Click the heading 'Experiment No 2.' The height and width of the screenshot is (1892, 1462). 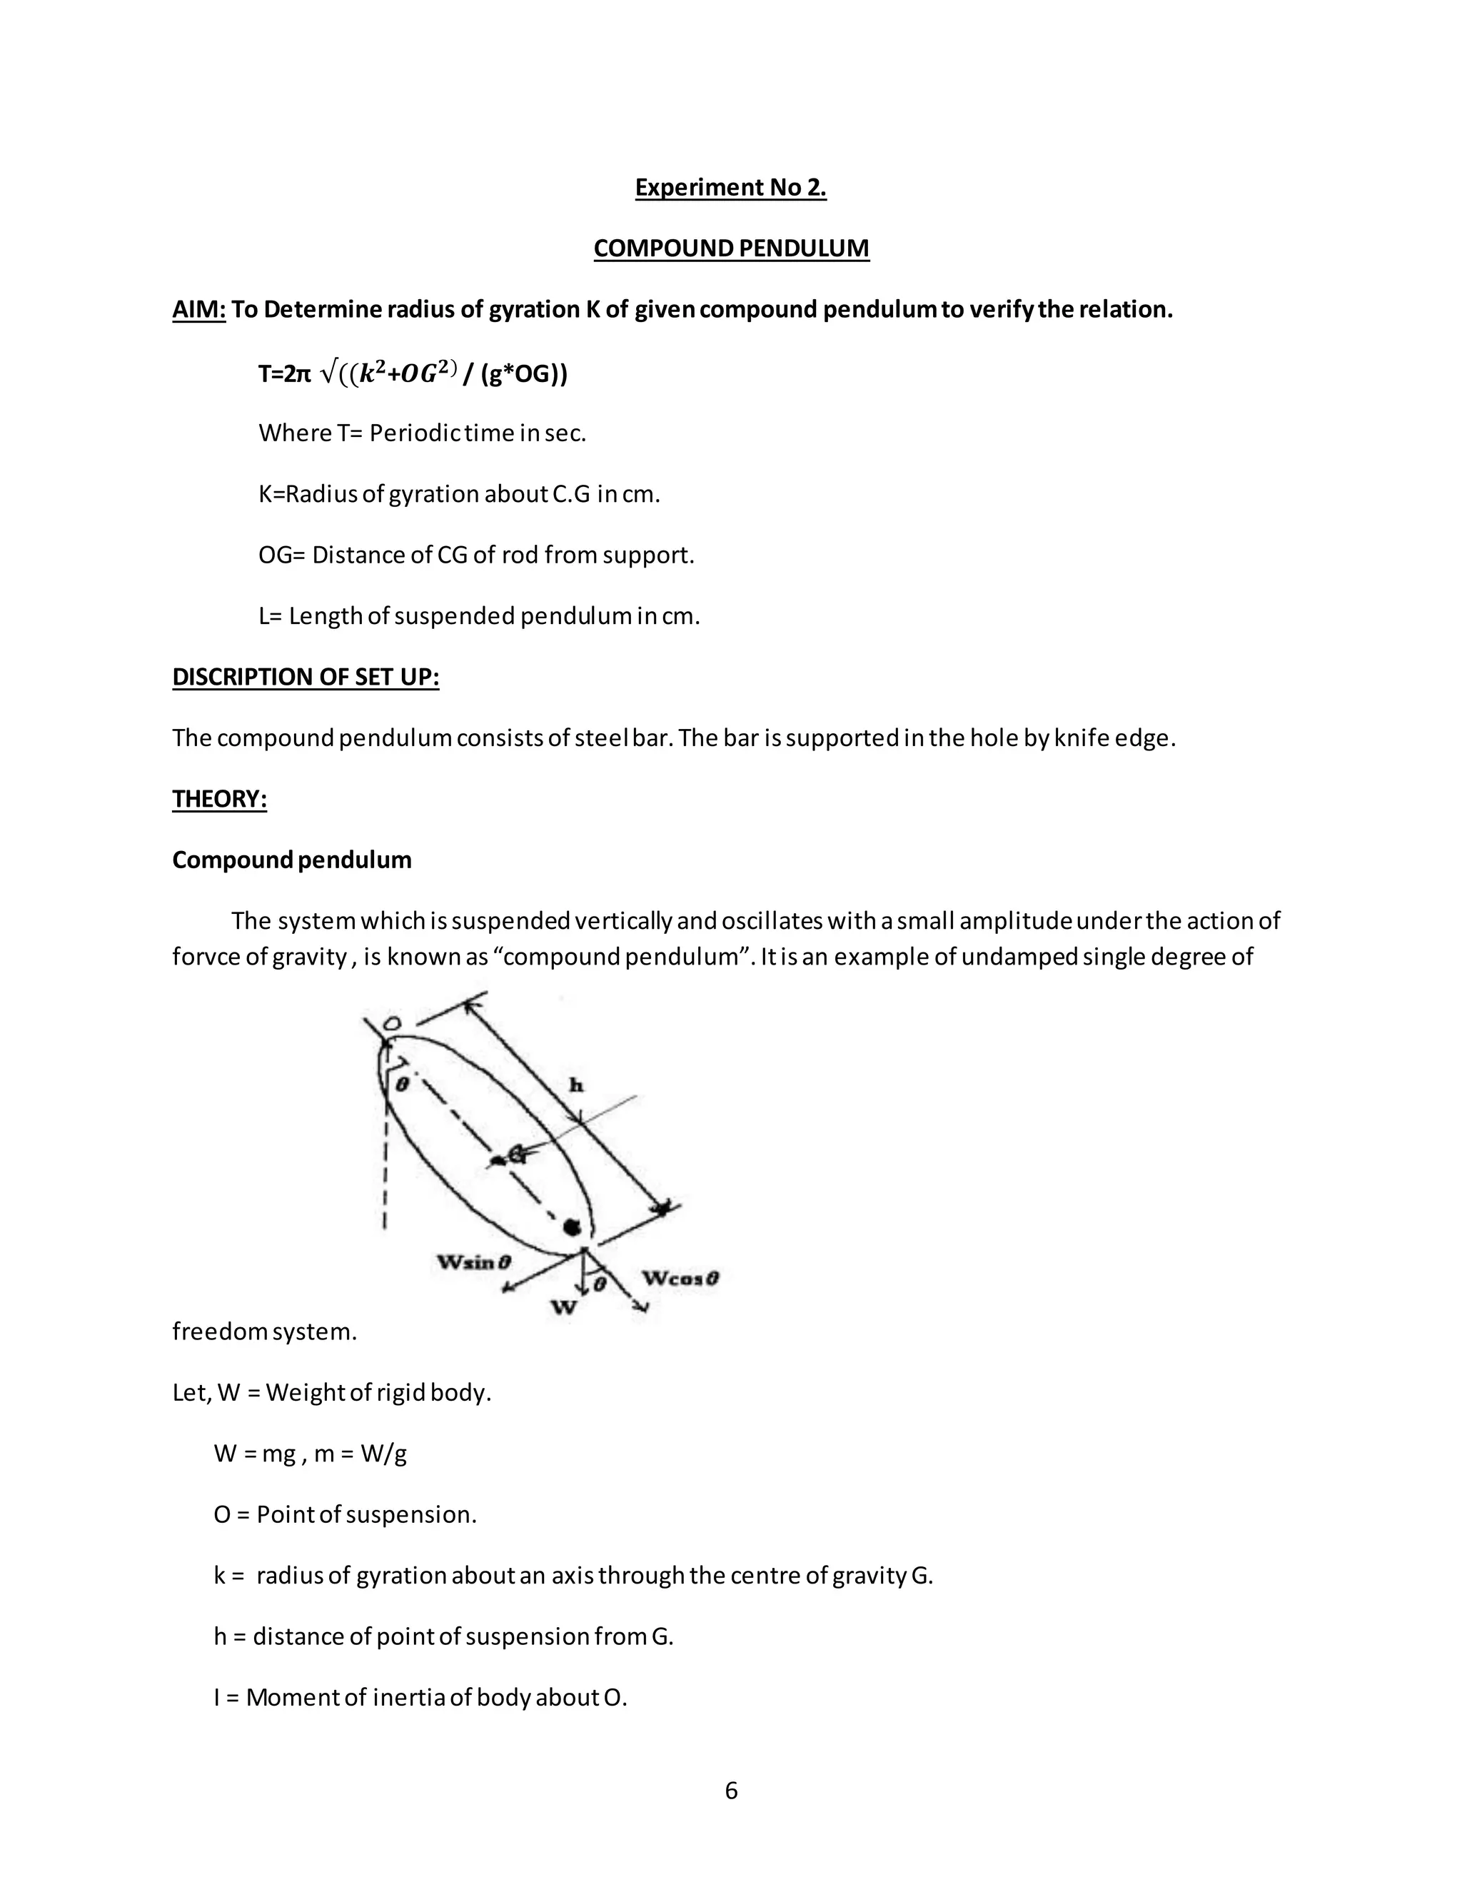pos(730,187)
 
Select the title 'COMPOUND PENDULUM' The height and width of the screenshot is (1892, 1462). pos(731,248)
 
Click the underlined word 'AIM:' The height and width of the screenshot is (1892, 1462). pos(198,309)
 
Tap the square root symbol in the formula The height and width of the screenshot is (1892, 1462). pos(328,373)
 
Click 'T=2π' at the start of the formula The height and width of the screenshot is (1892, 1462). pos(283,374)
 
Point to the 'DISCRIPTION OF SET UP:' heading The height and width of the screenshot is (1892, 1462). pos(306,677)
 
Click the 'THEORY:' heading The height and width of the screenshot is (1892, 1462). pos(219,799)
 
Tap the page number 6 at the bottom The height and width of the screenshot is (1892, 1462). pos(731,1791)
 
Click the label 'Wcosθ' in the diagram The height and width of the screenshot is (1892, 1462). pos(681,1278)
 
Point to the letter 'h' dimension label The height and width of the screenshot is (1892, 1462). pos(575,1085)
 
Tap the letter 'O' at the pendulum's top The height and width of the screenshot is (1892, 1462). pos(390,1024)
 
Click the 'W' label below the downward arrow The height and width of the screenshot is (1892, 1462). pos(564,1307)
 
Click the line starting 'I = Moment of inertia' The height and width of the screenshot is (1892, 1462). pos(420,1697)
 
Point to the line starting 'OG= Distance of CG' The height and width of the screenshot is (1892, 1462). pos(476,555)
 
